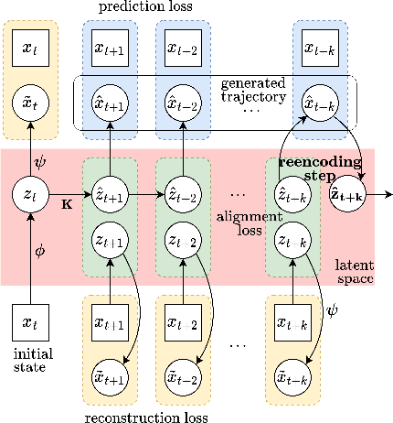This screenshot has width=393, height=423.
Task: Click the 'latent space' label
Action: (x=352, y=269)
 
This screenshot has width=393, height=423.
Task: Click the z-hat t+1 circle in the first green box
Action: (x=110, y=194)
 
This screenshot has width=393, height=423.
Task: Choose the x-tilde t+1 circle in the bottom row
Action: (x=110, y=379)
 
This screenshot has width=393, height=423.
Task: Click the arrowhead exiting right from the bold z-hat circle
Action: (x=388, y=195)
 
